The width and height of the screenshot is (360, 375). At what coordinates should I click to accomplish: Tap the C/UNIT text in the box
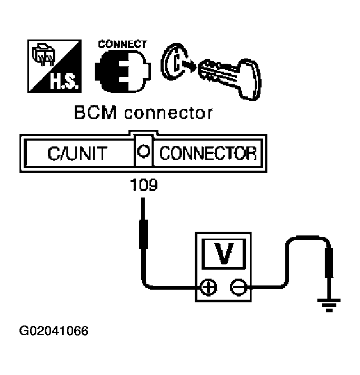click(x=77, y=153)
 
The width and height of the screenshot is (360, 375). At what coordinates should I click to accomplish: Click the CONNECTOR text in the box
click(x=207, y=153)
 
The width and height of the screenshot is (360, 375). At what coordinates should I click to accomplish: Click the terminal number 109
click(x=143, y=186)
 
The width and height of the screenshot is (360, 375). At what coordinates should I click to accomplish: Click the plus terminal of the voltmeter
click(x=209, y=287)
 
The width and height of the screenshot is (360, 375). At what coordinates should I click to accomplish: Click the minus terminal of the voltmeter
click(x=237, y=287)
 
